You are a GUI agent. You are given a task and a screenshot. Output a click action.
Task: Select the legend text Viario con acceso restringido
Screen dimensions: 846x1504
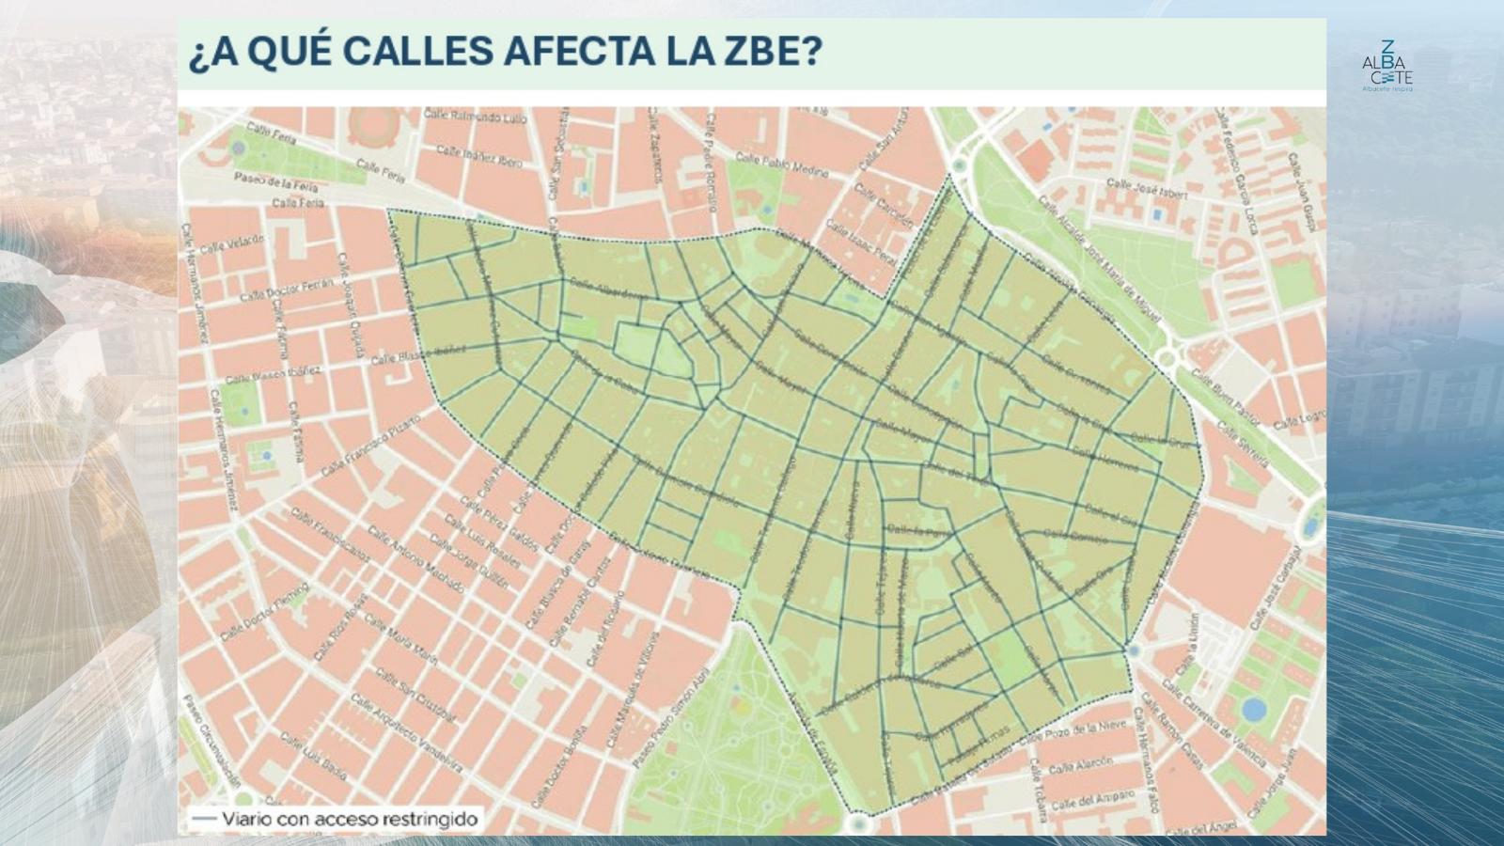349,819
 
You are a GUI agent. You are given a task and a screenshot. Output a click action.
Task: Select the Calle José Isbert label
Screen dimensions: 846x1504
1147,188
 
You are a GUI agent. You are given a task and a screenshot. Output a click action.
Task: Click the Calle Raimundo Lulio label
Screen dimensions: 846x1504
474,116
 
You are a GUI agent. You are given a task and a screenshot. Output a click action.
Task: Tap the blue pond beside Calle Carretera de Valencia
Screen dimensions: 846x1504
1253,709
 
